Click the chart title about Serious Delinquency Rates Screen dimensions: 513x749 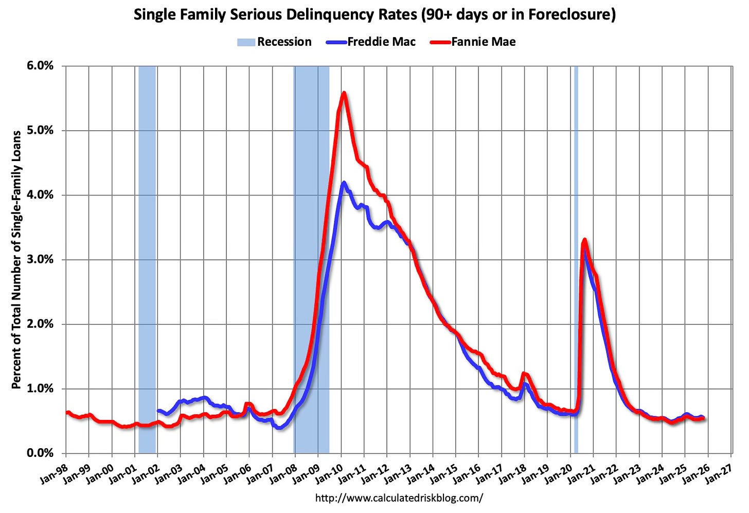(x=374, y=14)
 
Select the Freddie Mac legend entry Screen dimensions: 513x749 (x=381, y=42)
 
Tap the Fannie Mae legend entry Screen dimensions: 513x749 (x=483, y=42)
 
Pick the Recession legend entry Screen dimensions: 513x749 (x=284, y=42)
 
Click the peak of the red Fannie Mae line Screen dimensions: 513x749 (x=344, y=93)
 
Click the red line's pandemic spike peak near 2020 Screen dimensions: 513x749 (x=584, y=240)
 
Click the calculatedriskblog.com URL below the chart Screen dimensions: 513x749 (x=399, y=498)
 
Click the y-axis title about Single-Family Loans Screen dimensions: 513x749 (x=16, y=259)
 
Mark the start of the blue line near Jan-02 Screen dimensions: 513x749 (x=158, y=411)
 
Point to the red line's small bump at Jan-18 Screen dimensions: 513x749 (x=524, y=374)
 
